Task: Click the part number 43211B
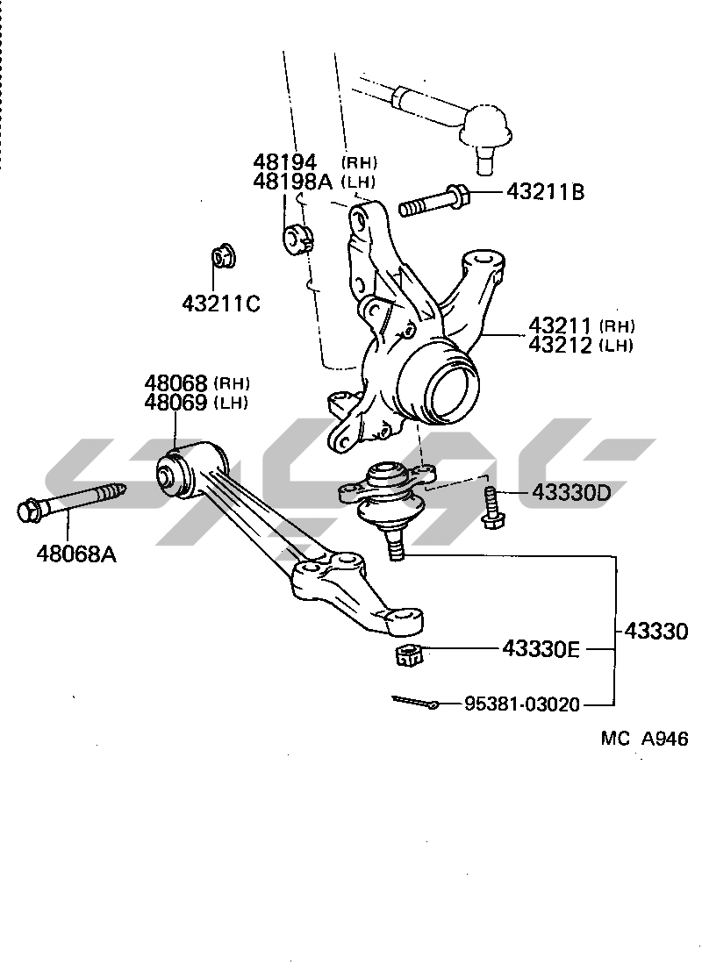click(544, 192)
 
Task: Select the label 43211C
click(221, 304)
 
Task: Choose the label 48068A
click(76, 554)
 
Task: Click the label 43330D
click(570, 493)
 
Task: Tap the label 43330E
click(541, 649)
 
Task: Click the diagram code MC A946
click(644, 739)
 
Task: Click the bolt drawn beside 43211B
click(434, 201)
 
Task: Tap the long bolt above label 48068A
click(70, 503)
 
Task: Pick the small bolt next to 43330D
click(491, 508)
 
